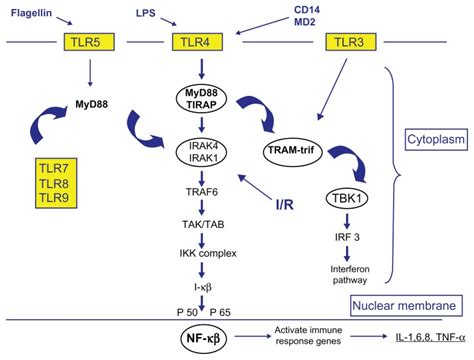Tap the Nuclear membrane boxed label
pyautogui.click(x=406, y=305)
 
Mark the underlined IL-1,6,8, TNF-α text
pyautogui.click(x=413, y=341)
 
